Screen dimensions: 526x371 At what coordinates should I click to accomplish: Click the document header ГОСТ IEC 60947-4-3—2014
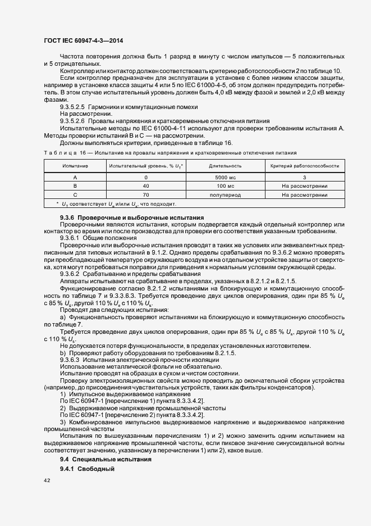click(x=83, y=40)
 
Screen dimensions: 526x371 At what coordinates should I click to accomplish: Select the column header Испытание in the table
click(x=75, y=166)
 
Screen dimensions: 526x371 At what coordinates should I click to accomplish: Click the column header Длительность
click(x=225, y=166)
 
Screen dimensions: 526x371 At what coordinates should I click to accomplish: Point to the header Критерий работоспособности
click(x=304, y=166)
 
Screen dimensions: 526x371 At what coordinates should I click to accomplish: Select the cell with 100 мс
click(x=225, y=185)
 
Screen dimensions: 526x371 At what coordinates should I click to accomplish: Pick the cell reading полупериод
click(x=225, y=195)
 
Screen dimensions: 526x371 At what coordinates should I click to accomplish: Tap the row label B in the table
click(x=75, y=185)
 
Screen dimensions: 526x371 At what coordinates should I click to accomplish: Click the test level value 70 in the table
click(x=145, y=195)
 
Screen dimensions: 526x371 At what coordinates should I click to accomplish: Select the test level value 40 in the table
click(x=145, y=185)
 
